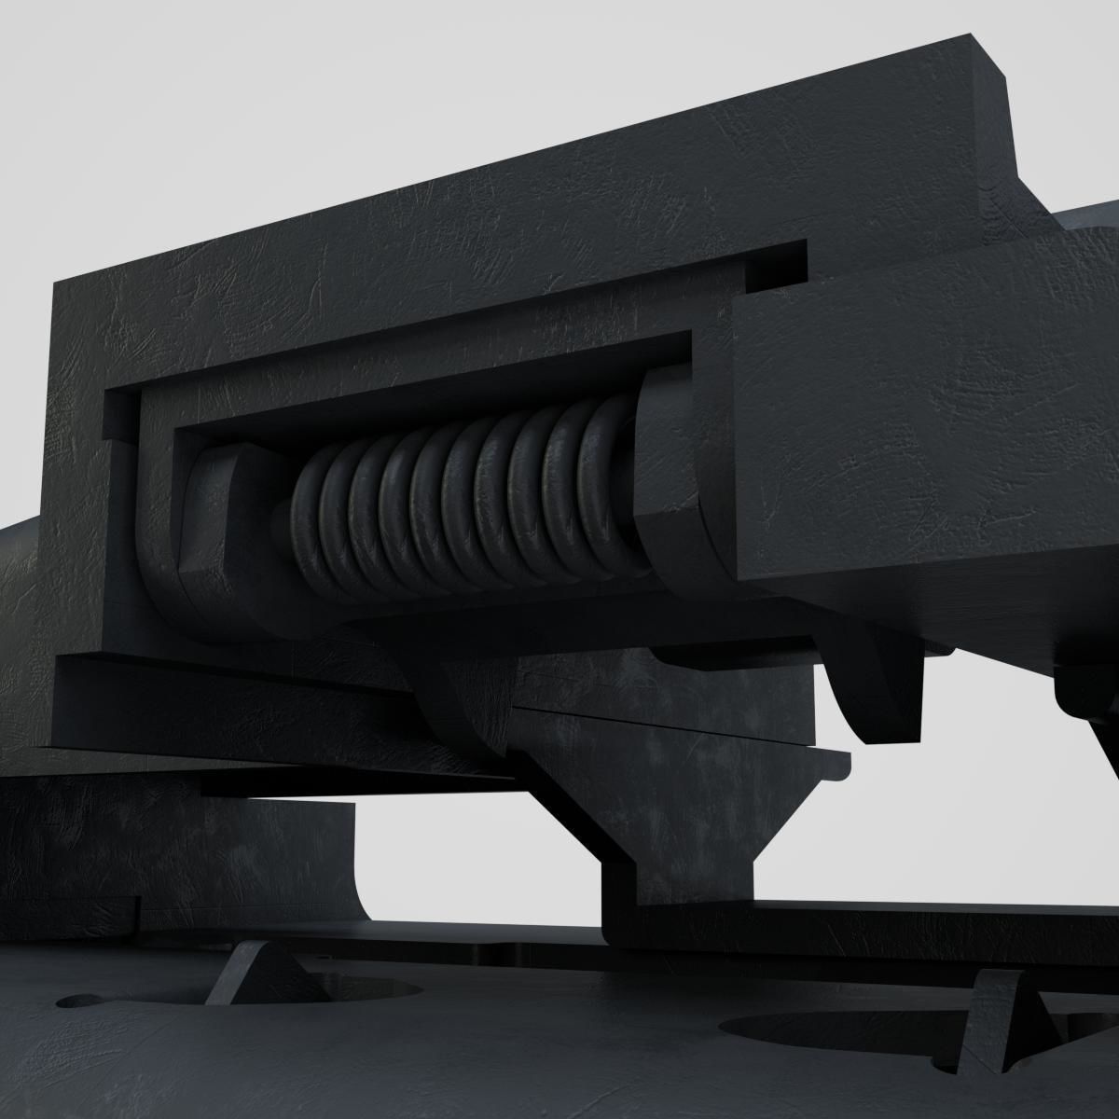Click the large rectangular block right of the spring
(923, 438)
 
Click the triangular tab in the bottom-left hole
(252, 974)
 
